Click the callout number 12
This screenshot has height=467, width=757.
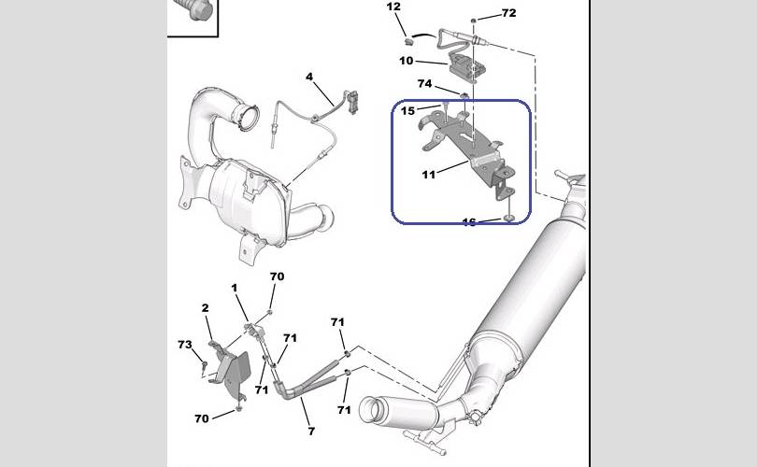pyautogui.click(x=393, y=7)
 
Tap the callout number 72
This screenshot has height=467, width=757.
pyautogui.click(x=508, y=13)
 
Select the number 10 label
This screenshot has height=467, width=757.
pyautogui.click(x=406, y=61)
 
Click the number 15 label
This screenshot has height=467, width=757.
pyautogui.click(x=408, y=111)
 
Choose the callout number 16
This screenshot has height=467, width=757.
pyautogui.click(x=469, y=222)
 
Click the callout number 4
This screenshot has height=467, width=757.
pyautogui.click(x=309, y=76)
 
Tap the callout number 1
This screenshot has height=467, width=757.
pyautogui.click(x=235, y=288)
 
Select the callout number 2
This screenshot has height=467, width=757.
pyautogui.click(x=205, y=307)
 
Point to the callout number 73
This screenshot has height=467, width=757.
pyautogui.click(x=185, y=345)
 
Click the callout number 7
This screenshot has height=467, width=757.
pyautogui.click(x=311, y=431)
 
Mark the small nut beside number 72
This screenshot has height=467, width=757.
pyautogui.click(x=476, y=19)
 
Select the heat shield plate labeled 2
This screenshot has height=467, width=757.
pyautogui.click(x=234, y=369)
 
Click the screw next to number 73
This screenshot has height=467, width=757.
pyautogui.click(x=204, y=362)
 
